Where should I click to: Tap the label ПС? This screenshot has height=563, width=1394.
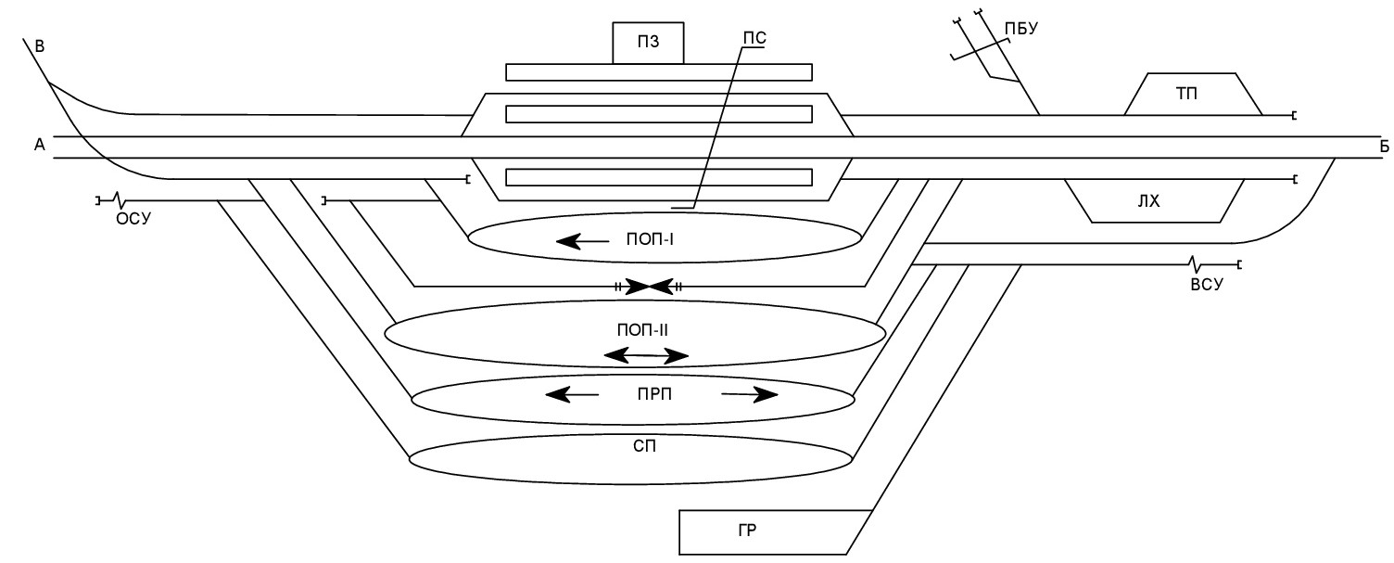754,39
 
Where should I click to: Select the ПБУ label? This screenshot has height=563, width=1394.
1021,29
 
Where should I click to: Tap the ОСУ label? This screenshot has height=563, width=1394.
133,219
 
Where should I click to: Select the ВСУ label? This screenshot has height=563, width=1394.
1207,285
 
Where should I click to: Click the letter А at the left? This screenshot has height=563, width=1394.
40,145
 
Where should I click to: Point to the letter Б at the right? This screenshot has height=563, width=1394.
1384,147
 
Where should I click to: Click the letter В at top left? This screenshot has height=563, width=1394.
40,46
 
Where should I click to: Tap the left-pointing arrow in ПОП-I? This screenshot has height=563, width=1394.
583,241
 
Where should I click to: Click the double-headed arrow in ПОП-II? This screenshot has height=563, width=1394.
646,356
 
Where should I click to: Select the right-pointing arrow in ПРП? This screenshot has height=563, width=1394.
749,394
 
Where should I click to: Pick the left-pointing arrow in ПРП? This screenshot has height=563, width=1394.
572,394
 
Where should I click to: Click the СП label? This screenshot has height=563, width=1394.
644,446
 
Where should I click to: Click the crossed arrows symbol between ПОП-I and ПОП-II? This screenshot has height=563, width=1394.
649,287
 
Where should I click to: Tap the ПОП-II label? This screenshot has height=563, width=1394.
642,330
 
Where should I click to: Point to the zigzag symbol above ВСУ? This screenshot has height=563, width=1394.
1193,264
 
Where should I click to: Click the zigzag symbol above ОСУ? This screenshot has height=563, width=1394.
120,200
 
